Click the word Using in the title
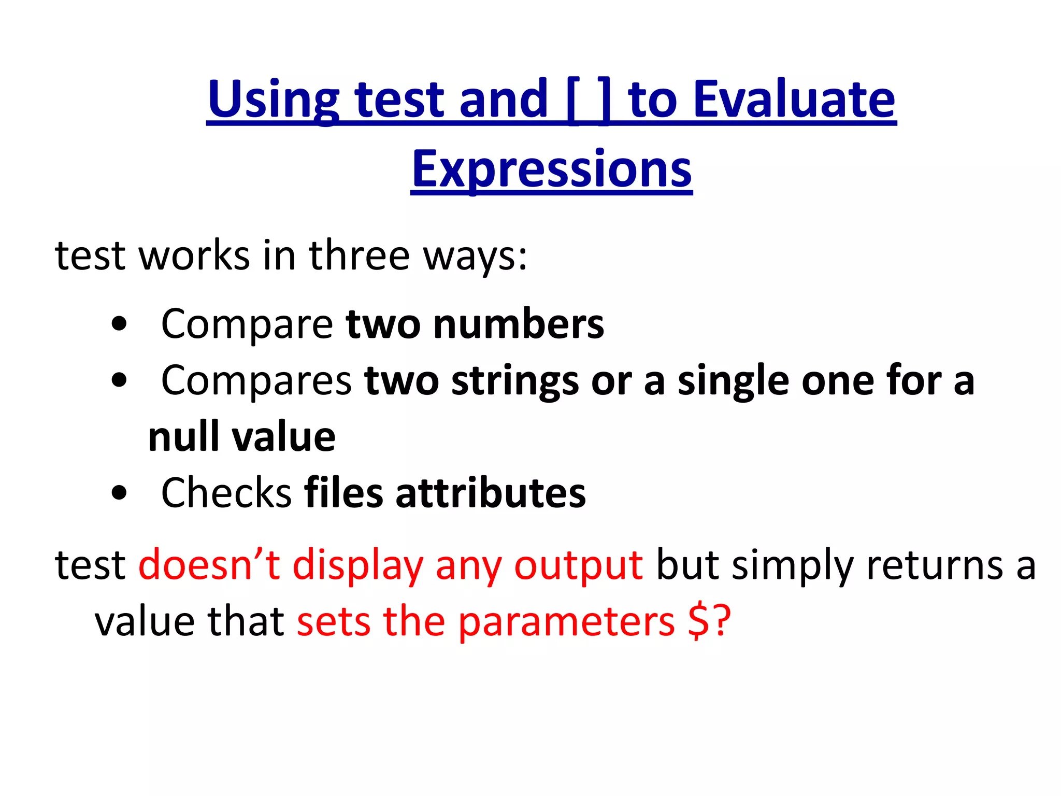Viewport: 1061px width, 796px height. tap(273, 99)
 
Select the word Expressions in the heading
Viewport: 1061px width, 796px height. tap(552, 169)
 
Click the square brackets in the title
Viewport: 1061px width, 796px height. tap(589, 99)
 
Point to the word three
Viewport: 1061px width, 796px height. tap(359, 255)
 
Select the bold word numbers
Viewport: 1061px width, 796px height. tap(519, 324)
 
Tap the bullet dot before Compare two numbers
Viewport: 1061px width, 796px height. tap(119, 324)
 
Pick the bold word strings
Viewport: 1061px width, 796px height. tap(515, 382)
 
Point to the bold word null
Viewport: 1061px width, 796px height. tap(183, 437)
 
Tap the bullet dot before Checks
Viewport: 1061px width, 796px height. tap(119, 493)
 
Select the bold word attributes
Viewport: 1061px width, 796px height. tap(491, 493)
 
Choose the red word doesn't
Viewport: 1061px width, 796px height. tap(209, 564)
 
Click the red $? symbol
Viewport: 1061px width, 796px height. tap(709, 621)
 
